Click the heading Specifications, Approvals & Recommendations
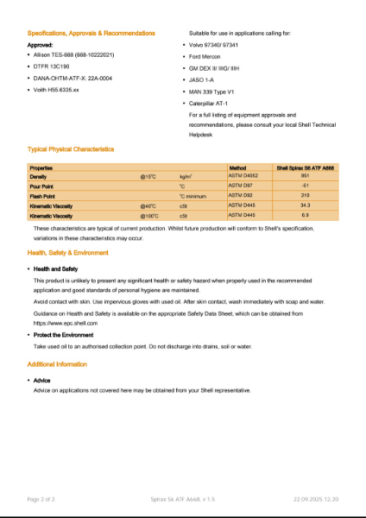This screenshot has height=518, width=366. [x=91, y=33]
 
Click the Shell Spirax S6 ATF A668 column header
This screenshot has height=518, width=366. [x=305, y=167]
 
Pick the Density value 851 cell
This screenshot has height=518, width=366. [x=305, y=176]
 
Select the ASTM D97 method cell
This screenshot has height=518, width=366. [x=241, y=186]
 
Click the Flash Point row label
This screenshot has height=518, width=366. [x=44, y=196]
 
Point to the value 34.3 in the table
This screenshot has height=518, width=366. [x=305, y=205]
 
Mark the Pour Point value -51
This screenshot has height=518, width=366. [x=305, y=186]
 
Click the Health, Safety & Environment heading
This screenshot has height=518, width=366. [x=68, y=253]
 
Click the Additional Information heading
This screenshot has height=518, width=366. [x=57, y=364]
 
